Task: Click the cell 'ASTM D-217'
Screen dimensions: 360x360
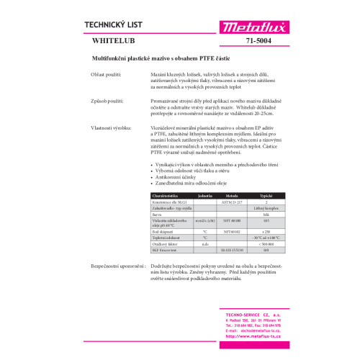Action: [x=232, y=201]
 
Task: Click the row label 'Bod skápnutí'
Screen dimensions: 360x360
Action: [x=162, y=230]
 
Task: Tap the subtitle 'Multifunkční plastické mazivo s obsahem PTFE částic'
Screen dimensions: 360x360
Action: [x=179, y=57]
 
